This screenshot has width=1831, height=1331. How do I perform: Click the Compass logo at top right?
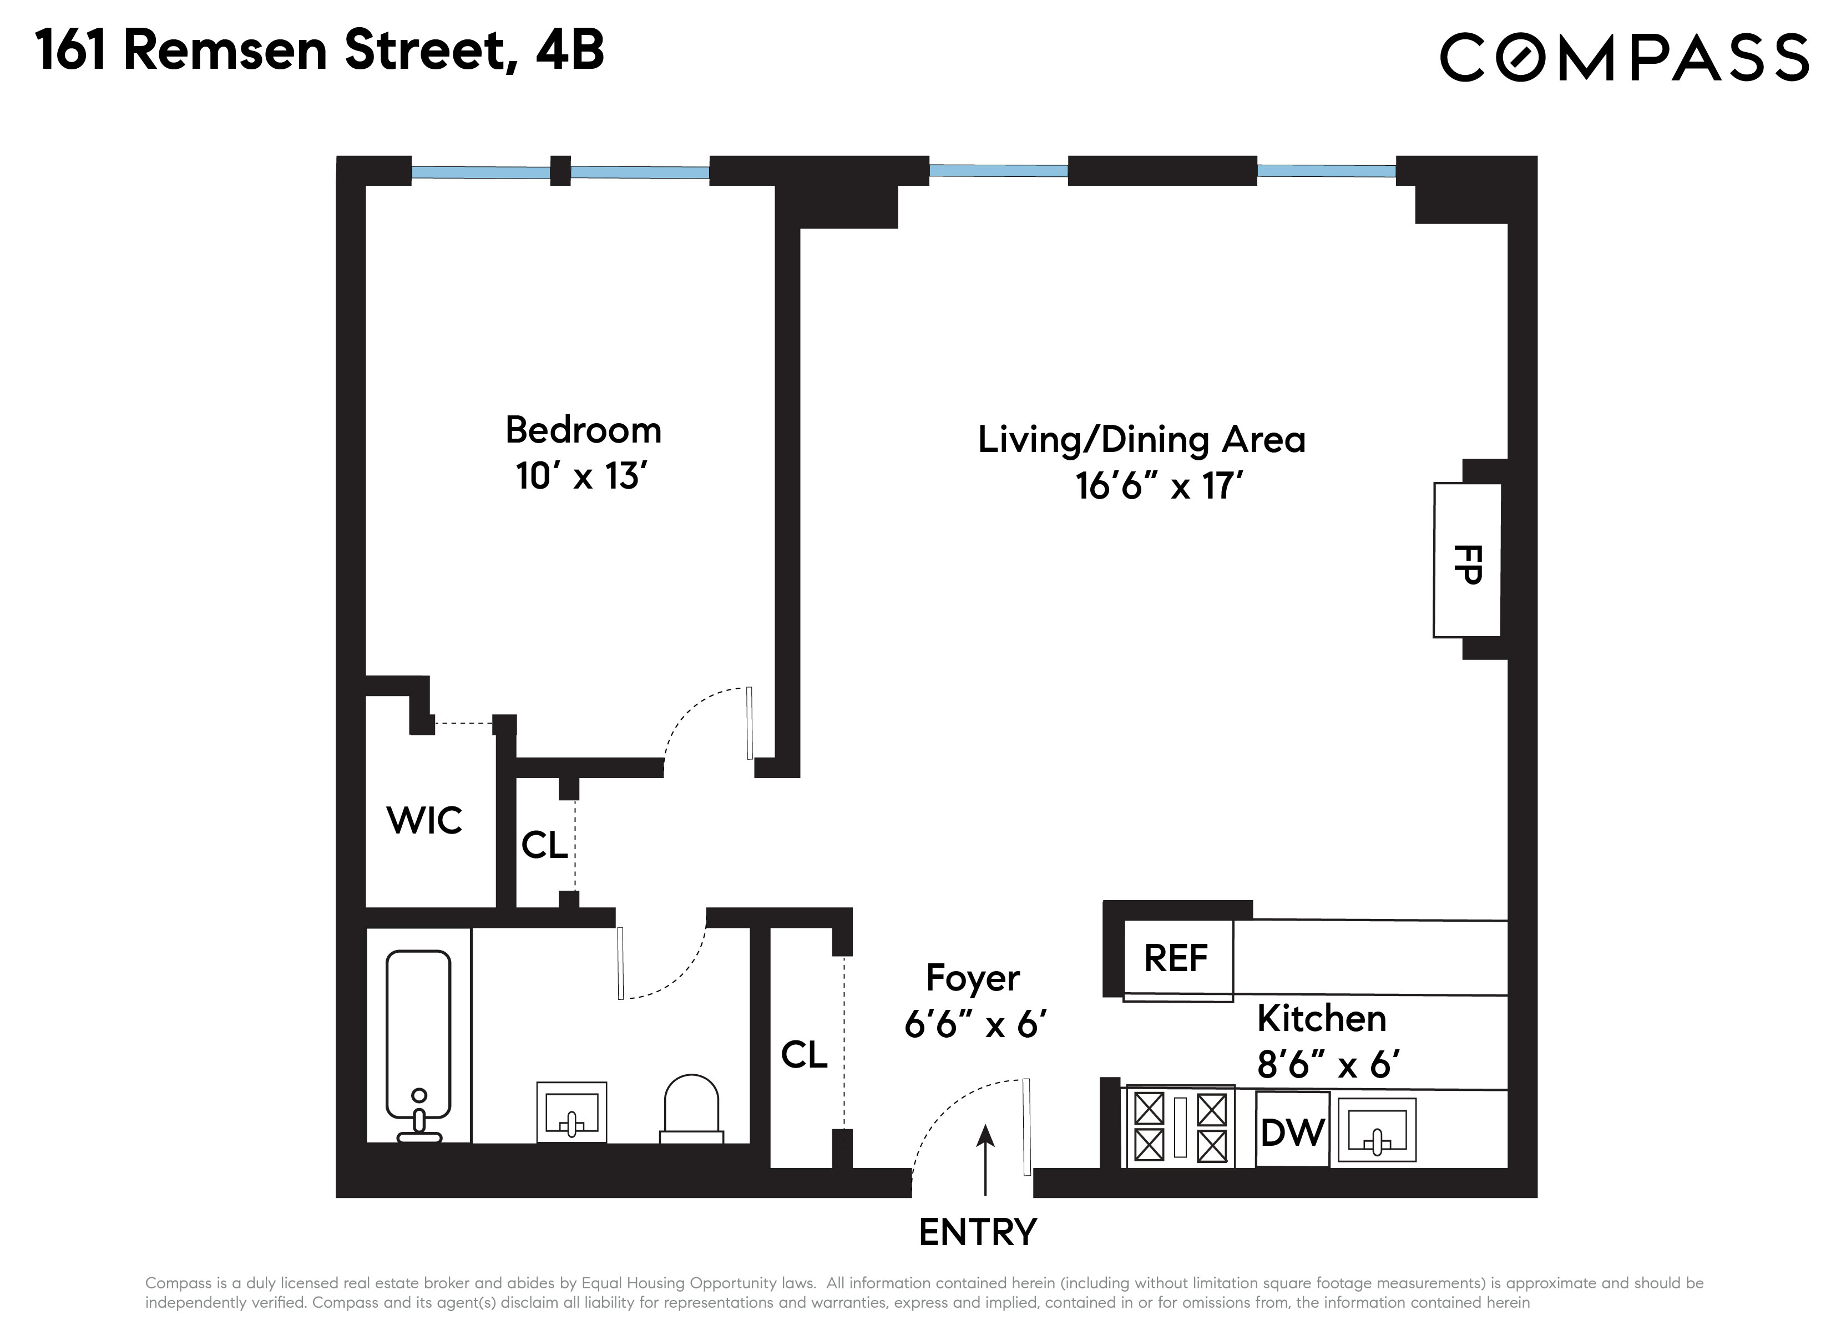(1623, 57)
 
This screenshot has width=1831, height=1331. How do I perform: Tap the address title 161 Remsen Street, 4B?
(320, 51)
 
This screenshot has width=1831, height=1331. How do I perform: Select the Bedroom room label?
(583, 430)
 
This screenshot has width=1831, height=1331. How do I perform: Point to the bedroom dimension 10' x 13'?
(582, 476)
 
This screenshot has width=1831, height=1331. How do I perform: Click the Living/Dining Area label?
(1141, 440)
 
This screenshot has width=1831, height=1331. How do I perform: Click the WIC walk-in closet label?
(424, 821)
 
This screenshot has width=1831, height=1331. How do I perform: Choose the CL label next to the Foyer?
(804, 1055)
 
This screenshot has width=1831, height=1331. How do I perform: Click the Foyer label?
(972, 978)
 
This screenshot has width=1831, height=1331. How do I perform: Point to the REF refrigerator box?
(1177, 959)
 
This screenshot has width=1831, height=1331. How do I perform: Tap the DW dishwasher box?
(1292, 1130)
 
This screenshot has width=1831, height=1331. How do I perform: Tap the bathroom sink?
(571, 1113)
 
